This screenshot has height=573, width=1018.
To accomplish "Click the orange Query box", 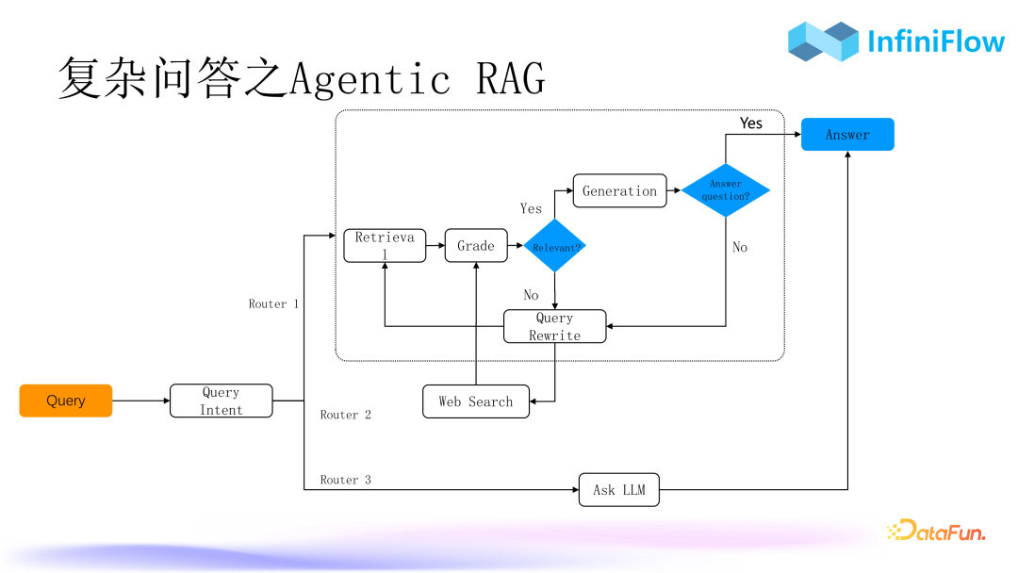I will click(66, 401).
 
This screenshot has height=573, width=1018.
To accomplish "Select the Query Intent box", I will click(221, 401).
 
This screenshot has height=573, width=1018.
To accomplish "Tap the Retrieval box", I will click(385, 245).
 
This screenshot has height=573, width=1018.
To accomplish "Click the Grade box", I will click(476, 245).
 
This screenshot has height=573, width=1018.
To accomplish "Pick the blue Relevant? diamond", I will click(554, 246).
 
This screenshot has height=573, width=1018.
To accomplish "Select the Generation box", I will click(619, 190).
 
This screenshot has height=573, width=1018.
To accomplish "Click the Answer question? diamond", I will click(726, 190).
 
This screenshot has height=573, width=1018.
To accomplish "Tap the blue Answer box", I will click(847, 135).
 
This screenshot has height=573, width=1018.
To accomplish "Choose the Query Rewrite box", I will click(554, 326).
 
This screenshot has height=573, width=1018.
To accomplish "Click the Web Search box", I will click(476, 401).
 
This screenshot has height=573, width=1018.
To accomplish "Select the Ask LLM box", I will click(618, 490).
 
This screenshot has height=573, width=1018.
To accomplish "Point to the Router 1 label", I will click(273, 303).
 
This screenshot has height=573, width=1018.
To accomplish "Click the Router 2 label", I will click(345, 415).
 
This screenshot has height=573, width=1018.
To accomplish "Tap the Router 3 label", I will click(345, 480).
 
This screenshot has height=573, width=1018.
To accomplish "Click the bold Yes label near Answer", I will click(751, 123).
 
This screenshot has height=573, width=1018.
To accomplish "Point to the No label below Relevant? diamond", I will click(531, 295).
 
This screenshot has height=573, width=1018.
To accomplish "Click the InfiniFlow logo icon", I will click(823, 41).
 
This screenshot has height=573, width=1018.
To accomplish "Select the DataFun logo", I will click(935, 531).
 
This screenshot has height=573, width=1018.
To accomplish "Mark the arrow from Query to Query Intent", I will click(141, 401).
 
